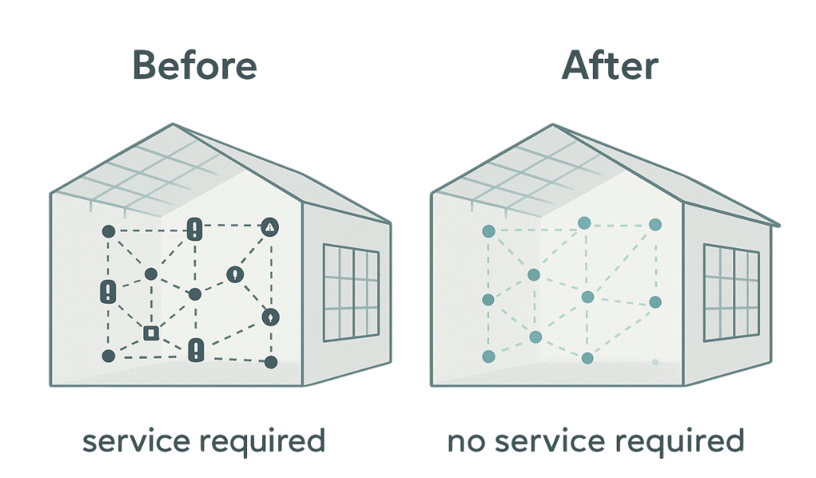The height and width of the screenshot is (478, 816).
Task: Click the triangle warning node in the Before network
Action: point(271,228)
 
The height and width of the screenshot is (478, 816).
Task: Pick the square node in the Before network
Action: point(150,333)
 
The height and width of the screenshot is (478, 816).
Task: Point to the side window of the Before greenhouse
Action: point(351,293)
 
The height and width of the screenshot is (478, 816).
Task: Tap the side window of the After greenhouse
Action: point(731,292)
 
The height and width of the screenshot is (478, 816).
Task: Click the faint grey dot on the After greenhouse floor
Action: point(654,362)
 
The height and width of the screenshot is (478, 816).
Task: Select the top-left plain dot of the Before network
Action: point(109,231)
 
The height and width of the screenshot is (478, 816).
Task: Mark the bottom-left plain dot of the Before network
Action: point(109,355)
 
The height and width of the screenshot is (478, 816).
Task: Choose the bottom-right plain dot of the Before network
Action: point(271,362)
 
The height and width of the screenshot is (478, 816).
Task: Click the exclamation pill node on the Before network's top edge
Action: point(195,230)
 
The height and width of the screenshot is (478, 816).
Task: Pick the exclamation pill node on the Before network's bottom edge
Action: point(196,349)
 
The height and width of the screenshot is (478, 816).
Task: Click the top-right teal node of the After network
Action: point(656,225)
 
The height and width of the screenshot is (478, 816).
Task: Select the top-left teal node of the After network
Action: point(489,231)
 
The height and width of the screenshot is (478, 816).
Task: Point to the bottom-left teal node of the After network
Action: point(489,355)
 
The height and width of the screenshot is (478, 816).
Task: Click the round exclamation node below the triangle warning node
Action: point(234,274)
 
